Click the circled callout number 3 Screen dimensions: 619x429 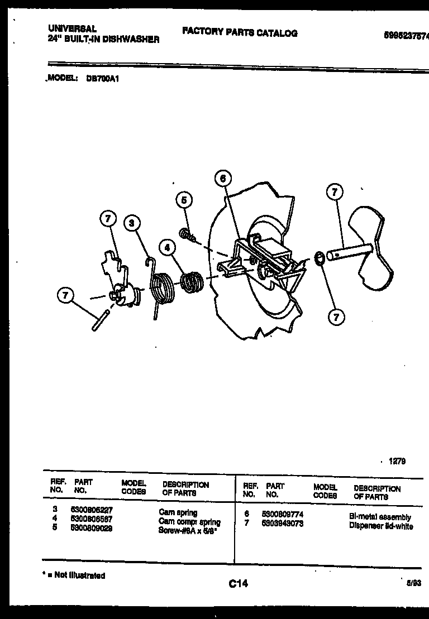click(131, 223)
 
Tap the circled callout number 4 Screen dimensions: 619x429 click(166, 246)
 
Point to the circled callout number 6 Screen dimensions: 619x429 click(222, 179)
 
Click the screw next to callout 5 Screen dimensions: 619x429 click(187, 235)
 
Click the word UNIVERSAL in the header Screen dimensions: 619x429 click(65, 28)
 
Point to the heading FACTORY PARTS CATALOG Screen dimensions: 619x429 click(240, 33)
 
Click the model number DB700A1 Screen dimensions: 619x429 click(102, 79)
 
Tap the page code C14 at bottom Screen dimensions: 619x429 click(238, 584)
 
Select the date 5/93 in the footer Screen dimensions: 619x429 click(413, 582)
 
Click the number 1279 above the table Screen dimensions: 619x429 click(397, 461)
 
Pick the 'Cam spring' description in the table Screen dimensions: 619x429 click(178, 512)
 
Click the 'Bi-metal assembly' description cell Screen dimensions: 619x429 click(380, 517)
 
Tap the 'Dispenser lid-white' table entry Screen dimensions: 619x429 click(381, 526)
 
